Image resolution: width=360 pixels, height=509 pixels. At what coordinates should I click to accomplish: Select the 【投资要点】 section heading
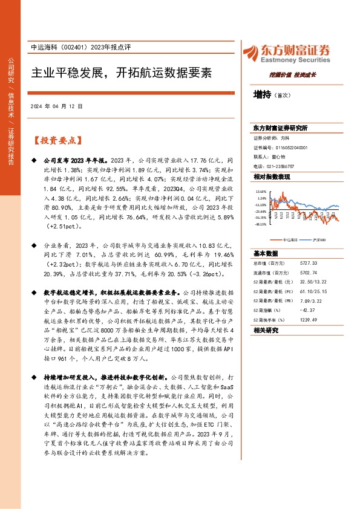click(57, 140)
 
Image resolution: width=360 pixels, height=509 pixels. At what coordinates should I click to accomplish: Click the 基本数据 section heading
click(266, 253)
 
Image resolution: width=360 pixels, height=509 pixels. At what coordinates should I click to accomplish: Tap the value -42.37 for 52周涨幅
click(307, 310)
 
